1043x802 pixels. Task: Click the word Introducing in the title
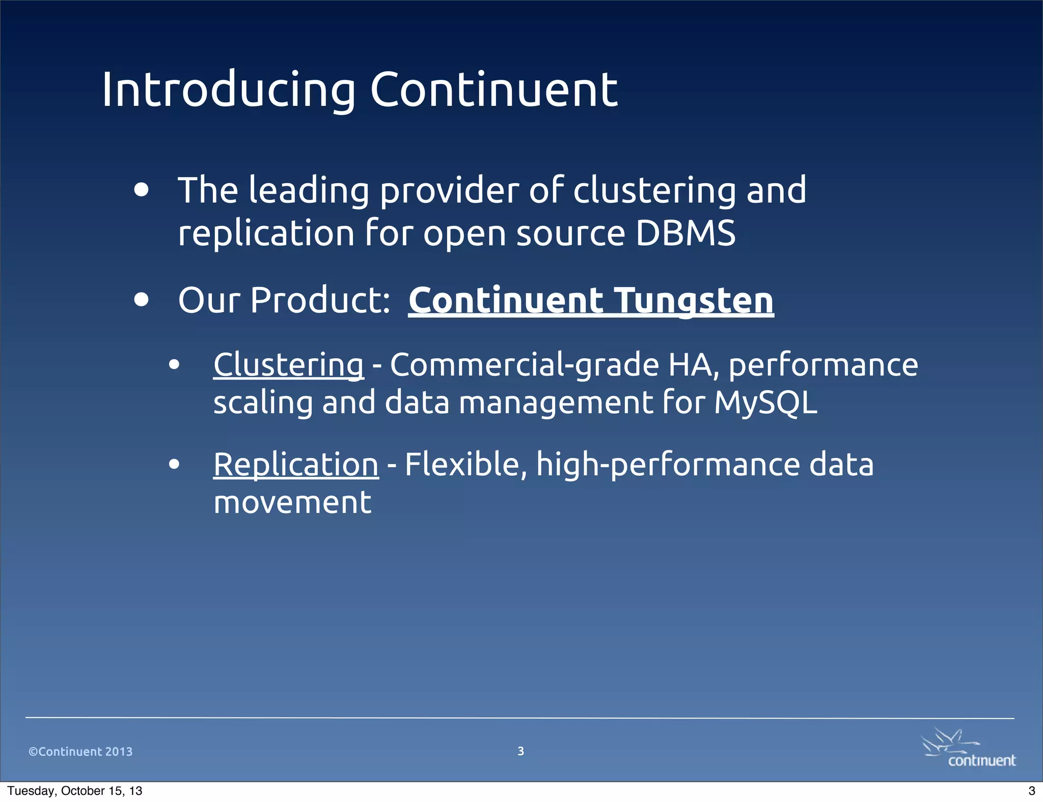(228, 90)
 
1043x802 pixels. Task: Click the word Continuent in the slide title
(493, 90)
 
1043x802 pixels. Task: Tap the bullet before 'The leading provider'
(142, 190)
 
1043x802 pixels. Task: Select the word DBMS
(685, 234)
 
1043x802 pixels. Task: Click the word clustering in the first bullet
(654, 190)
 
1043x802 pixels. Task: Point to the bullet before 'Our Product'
(142, 300)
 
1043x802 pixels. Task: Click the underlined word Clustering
(288, 365)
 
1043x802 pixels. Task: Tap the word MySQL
(765, 403)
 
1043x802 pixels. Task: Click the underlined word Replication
(296, 465)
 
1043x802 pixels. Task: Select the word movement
(292, 503)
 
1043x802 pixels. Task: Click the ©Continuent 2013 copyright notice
(80, 752)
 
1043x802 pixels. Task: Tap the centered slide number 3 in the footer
(520, 751)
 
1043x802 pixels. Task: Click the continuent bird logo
(969, 747)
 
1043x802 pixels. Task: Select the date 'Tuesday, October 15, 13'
(75, 791)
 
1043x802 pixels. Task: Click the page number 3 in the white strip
(1031, 791)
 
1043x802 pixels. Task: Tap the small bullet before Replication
(174, 464)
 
